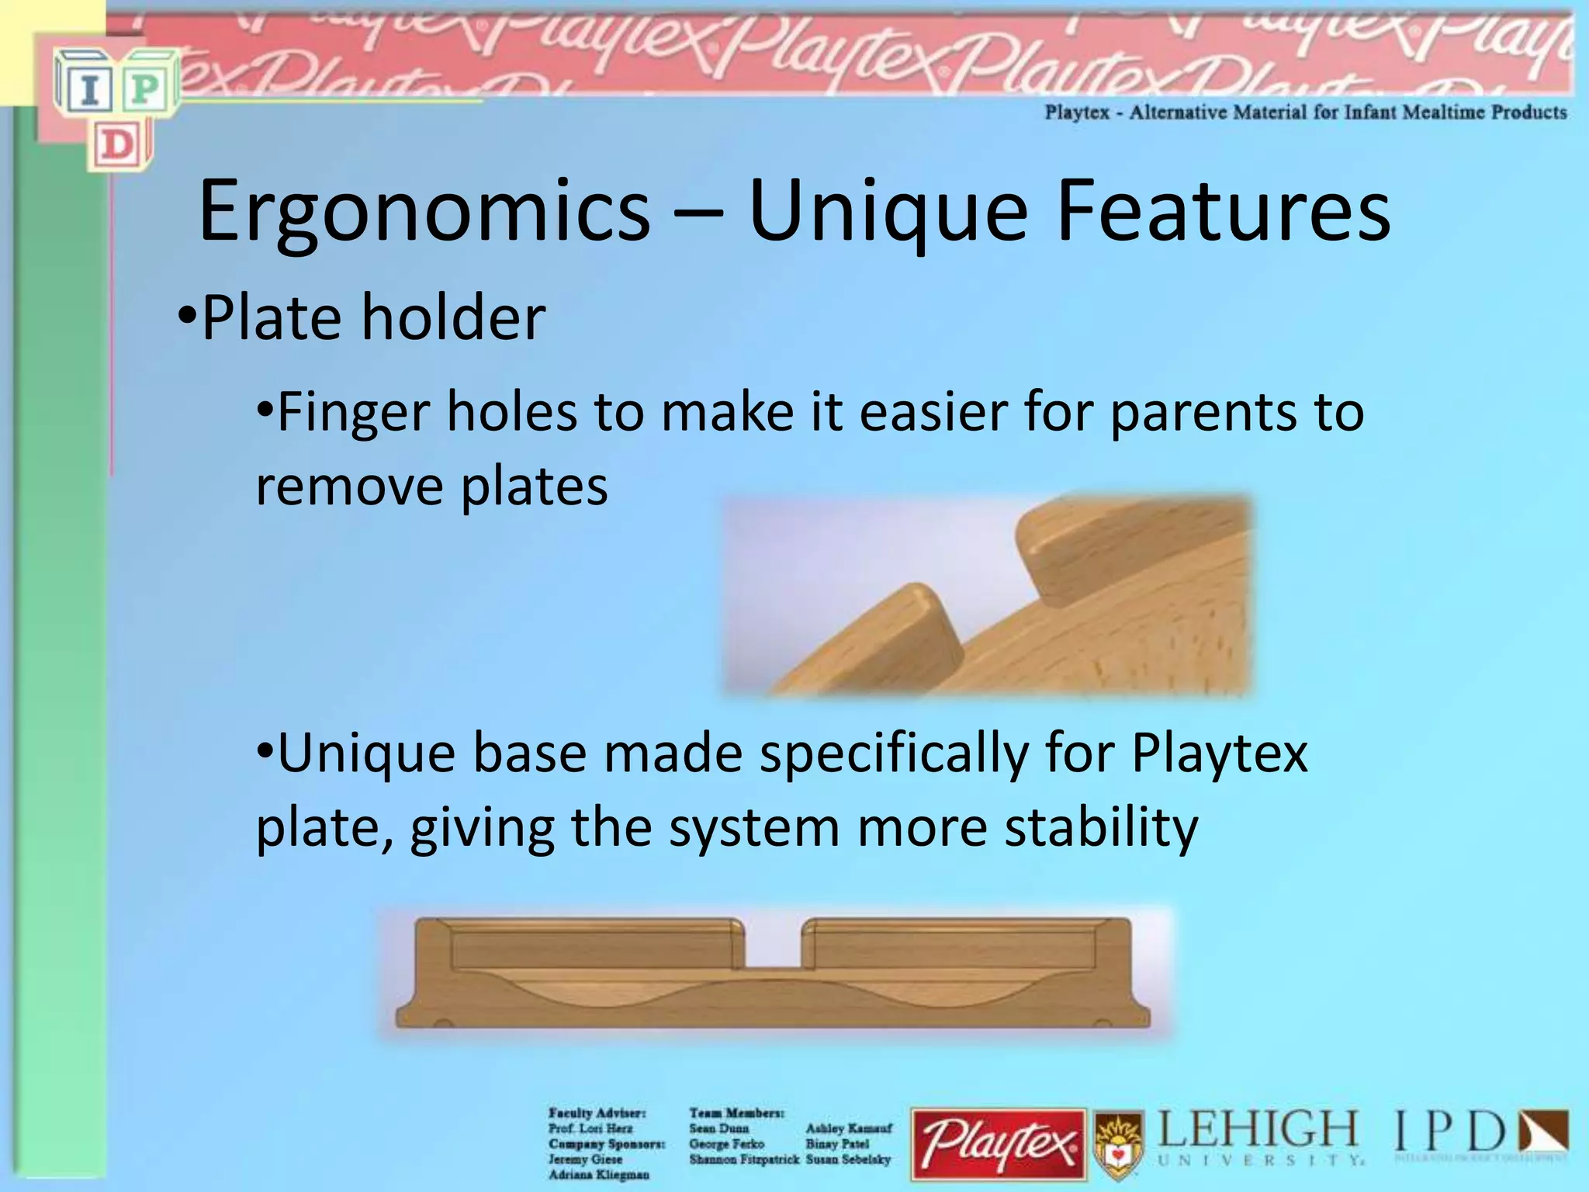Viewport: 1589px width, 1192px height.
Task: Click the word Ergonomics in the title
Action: click(424, 211)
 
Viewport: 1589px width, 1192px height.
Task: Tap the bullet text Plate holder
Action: click(372, 317)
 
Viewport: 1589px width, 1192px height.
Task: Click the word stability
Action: click(1101, 827)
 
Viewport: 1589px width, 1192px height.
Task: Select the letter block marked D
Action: click(119, 146)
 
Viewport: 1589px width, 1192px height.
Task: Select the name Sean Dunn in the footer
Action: click(718, 1128)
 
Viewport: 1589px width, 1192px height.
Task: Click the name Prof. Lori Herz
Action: click(590, 1128)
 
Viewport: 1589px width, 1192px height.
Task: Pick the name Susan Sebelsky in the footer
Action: click(848, 1159)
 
